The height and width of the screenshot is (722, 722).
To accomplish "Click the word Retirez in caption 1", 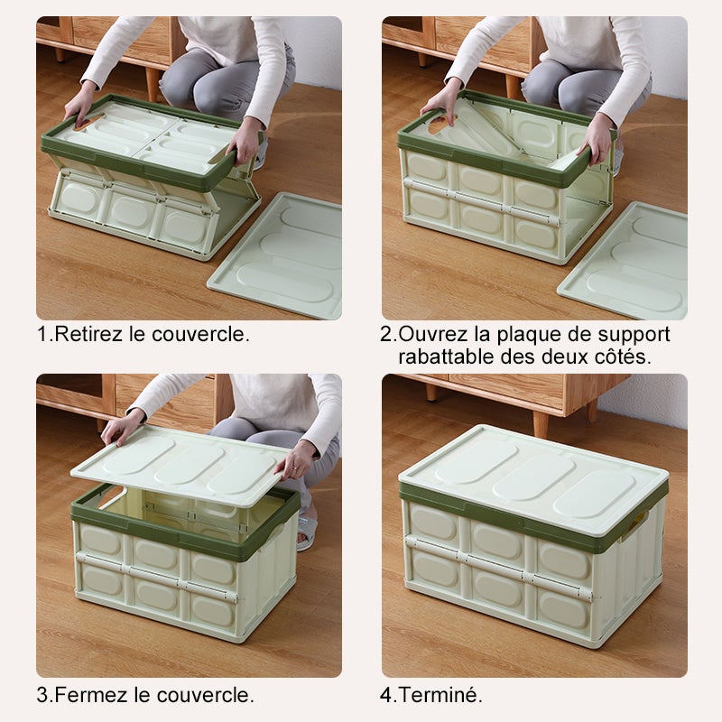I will (x=88, y=334).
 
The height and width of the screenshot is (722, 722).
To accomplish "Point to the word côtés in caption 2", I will (x=620, y=356).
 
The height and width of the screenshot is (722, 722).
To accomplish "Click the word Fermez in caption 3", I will (x=87, y=695).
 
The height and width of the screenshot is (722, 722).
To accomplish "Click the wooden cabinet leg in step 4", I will (x=540, y=422).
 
